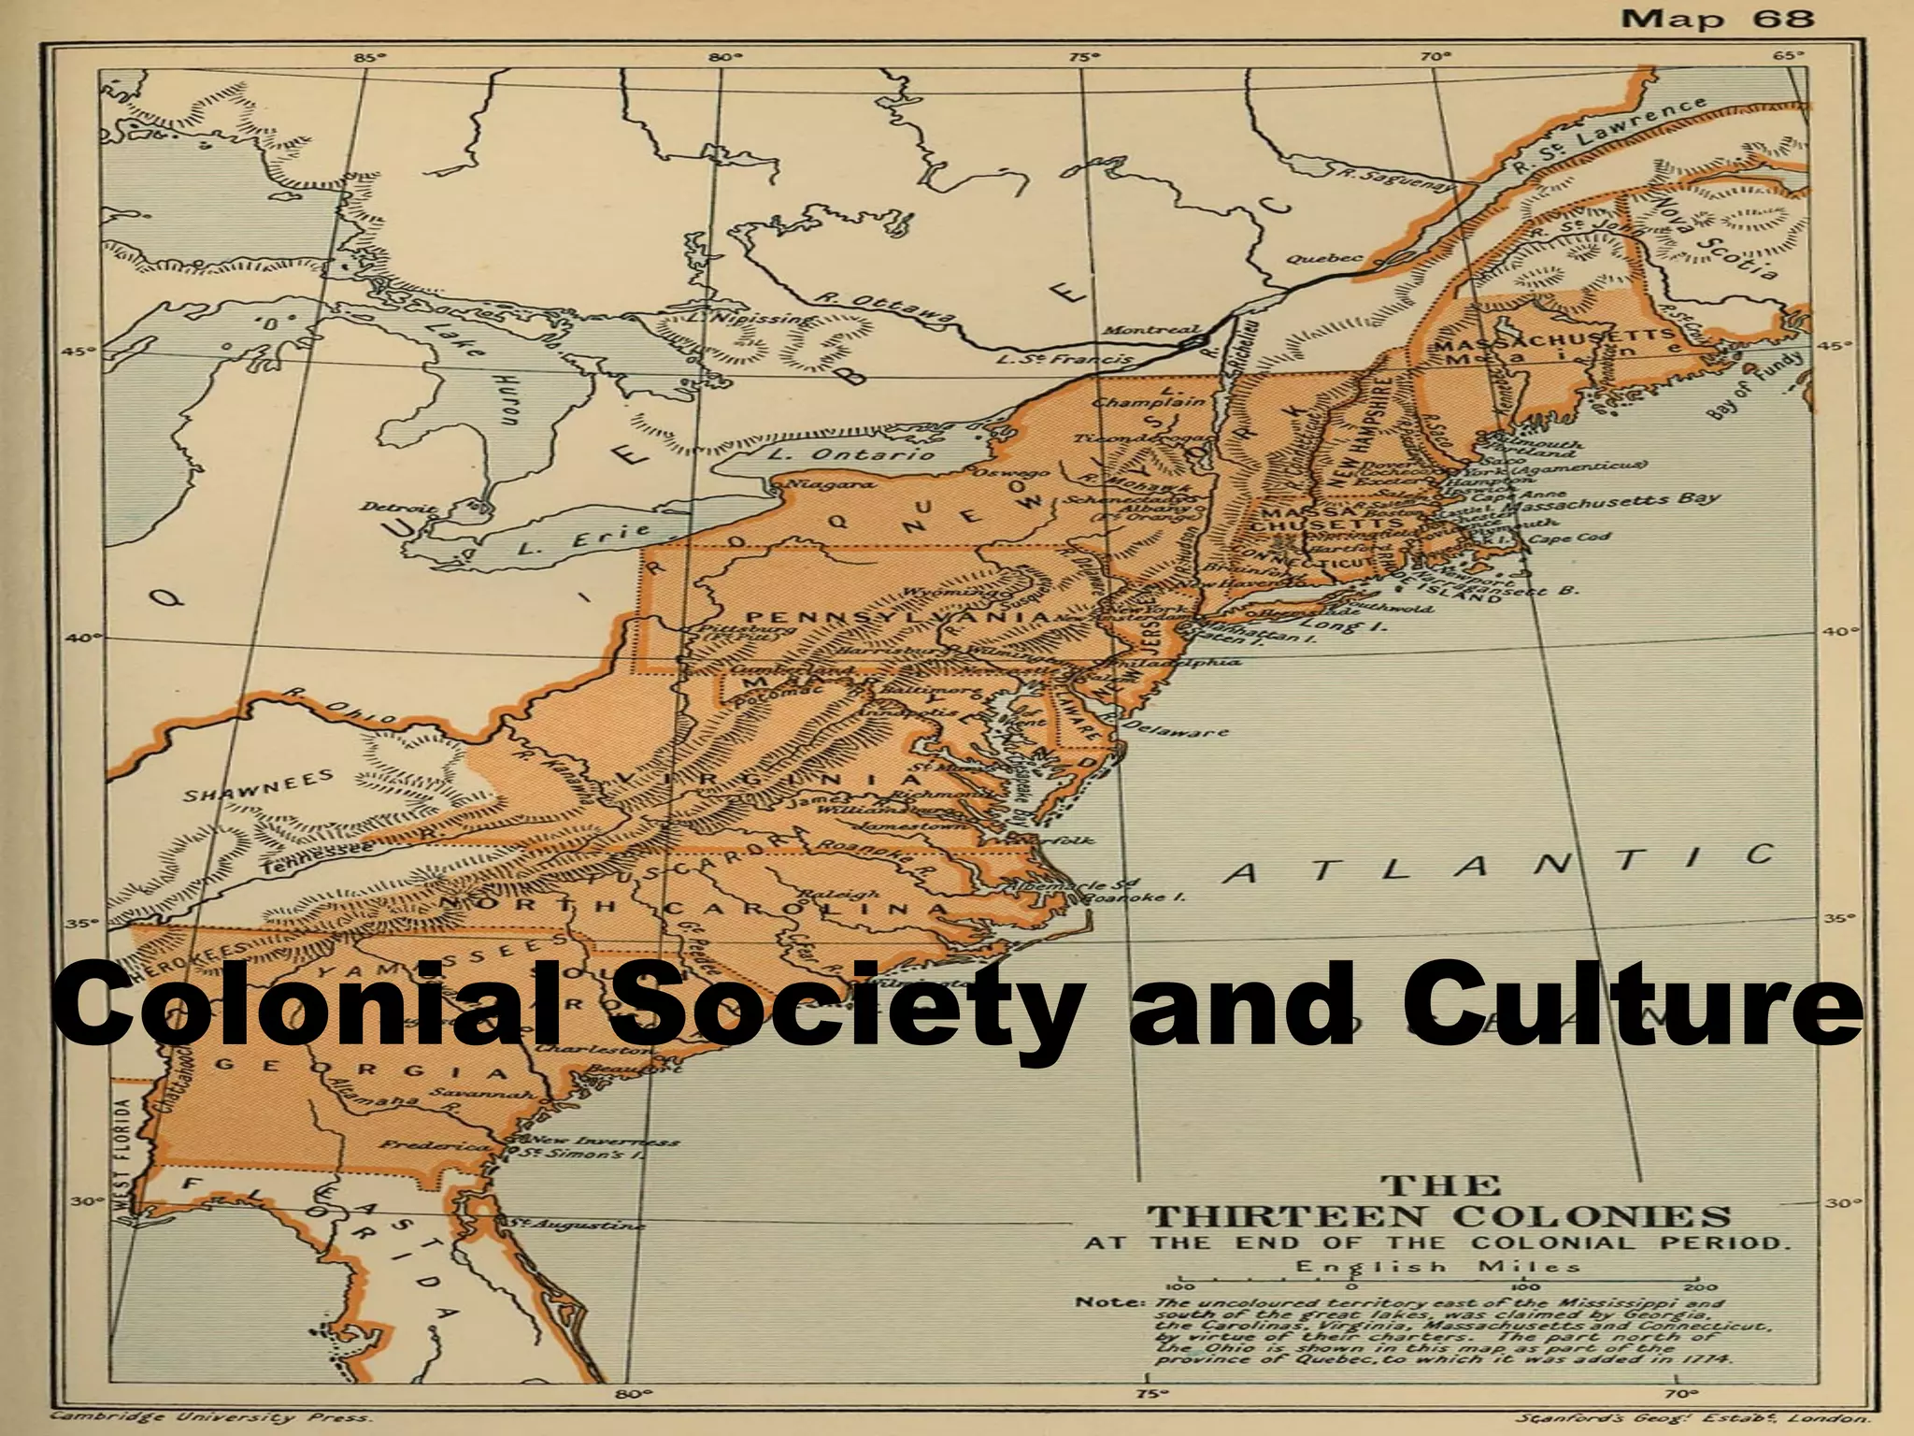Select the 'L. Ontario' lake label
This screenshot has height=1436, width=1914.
[850, 455]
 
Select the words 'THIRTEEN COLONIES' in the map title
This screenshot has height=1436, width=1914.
[1439, 1216]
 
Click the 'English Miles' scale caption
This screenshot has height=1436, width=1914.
[1437, 1268]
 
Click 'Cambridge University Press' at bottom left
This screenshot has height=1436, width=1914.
[210, 1417]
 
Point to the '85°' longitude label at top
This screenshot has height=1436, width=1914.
[367, 58]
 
